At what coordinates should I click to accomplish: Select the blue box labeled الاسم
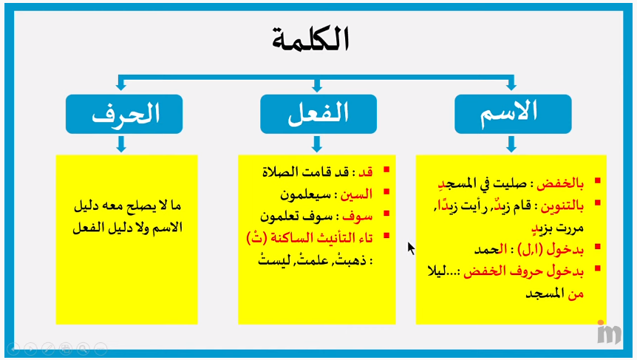pyautogui.click(x=512, y=114)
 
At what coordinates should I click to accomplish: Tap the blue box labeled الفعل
pyautogui.click(x=318, y=114)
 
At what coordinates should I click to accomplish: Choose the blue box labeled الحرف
pyautogui.click(x=123, y=114)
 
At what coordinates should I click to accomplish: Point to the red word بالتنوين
pyautogui.click(x=564, y=203)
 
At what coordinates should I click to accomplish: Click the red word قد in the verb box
pyautogui.click(x=366, y=171)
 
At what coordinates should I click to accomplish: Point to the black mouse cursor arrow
pyautogui.click(x=411, y=248)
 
